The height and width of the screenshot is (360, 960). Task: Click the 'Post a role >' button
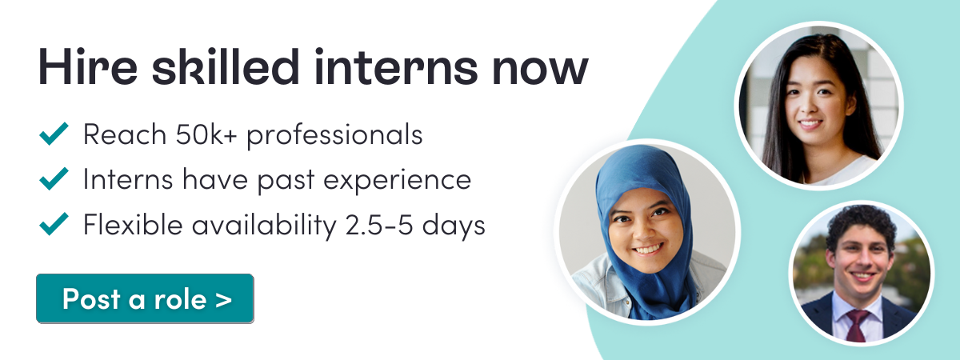pyautogui.click(x=145, y=298)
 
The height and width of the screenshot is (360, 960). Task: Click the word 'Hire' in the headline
pyautogui.click(x=88, y=67)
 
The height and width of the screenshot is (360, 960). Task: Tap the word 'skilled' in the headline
pyautogui.click(x=226, y=66)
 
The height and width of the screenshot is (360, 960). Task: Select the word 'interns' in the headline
pyautogui.click(x=395, y=66)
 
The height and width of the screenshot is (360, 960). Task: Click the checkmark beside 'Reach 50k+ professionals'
pyautogui.click(x=54, y=134)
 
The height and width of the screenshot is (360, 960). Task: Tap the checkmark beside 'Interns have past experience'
pyautogui.click(x=54, y=178)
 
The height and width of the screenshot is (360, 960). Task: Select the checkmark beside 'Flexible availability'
pyautogui.click(x=54, y=224)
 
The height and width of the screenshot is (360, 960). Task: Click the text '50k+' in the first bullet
pyautogui.click(x=206, y=134)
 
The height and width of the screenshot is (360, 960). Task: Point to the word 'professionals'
pyautogui.click(x=334, y=135)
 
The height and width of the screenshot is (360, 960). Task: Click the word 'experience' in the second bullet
pyautogui.click(x=398, y=181)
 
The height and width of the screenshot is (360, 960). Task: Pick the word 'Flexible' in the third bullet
pyautogui.click(x=133, y=224)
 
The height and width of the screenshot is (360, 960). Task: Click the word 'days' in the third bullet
pyautogui.click(x=454, y=226)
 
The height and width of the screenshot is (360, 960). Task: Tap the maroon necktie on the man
pyautogui.click(x=858, y=325)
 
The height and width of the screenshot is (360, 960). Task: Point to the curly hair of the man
pyautogui.click(x=861, y=224)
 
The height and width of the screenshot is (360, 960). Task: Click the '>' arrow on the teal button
pyautogui.click(x=223, y=299)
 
